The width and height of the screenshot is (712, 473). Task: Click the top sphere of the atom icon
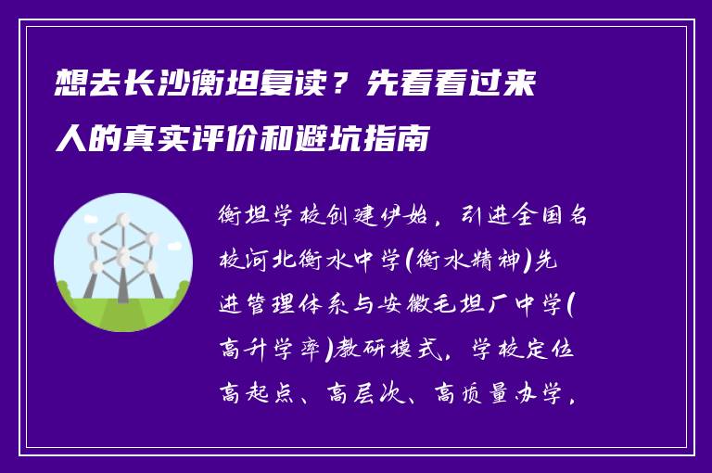coord(121,222)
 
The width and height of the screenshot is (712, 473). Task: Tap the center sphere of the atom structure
coord(122,252)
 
